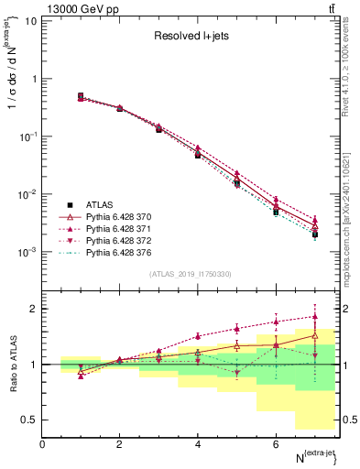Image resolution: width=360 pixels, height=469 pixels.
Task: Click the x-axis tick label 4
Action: click(x=198, y=444)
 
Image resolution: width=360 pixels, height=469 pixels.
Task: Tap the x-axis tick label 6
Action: click(x=276, y=444)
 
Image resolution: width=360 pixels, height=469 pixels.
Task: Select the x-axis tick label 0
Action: click(x=42, y=444)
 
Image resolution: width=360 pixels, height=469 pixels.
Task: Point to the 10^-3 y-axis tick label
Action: click(x=27, y=251)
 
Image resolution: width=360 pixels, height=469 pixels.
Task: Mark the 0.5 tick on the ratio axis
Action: click(x=28, y=420)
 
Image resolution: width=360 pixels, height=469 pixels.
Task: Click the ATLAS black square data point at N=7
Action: click(x=314, y=234)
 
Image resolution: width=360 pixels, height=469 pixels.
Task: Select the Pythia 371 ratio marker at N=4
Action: click(x=198, y=336)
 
